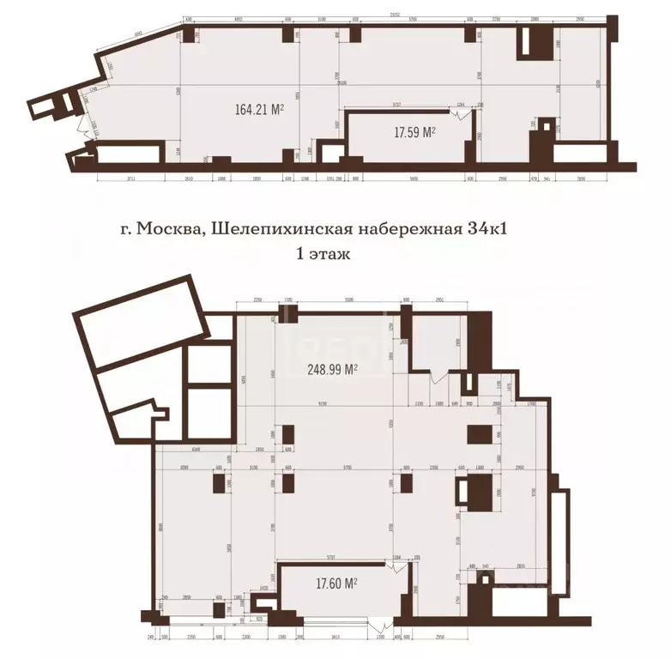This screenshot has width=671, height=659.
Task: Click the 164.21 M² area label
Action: (x=259, y=109)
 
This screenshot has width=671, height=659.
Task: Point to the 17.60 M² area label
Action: (x=335, y=583)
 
